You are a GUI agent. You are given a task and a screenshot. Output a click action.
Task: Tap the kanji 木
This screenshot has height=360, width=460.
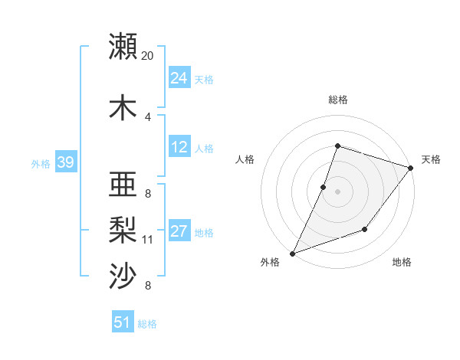tap(123, 108)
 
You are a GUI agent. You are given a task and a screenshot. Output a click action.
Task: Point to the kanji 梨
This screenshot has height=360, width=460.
tap(123, 229)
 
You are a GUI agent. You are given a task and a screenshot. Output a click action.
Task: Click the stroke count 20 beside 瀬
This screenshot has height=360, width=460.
tap(148, 56)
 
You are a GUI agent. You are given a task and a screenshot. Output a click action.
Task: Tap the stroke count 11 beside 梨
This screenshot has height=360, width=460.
tap(148, 240)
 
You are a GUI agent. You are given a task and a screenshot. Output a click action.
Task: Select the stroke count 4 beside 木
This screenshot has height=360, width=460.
tap(148, 116)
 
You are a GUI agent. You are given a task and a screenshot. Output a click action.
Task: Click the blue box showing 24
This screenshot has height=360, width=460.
tap(179, 77)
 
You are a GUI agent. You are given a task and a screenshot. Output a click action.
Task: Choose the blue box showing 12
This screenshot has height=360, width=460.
tap(179, 147)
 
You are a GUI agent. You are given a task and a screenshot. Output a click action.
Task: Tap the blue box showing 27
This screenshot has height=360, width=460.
tap(179, 231)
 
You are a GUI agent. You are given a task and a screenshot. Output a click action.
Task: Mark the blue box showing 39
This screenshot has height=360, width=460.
tap(65, 162)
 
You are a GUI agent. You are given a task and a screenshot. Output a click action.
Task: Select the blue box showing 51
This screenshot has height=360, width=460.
tap(123, 322)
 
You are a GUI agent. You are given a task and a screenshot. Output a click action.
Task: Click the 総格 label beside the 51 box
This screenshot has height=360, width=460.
tap(147, 324)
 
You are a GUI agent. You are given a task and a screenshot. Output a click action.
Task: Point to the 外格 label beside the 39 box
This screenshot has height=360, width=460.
tap(41, 163)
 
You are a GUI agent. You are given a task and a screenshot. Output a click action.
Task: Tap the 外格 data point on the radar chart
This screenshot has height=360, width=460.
tap(293, 253)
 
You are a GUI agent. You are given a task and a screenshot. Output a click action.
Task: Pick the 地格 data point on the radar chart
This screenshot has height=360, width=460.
tap(365, 229)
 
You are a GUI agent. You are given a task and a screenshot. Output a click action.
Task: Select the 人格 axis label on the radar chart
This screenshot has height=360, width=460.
tap(245, 159)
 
